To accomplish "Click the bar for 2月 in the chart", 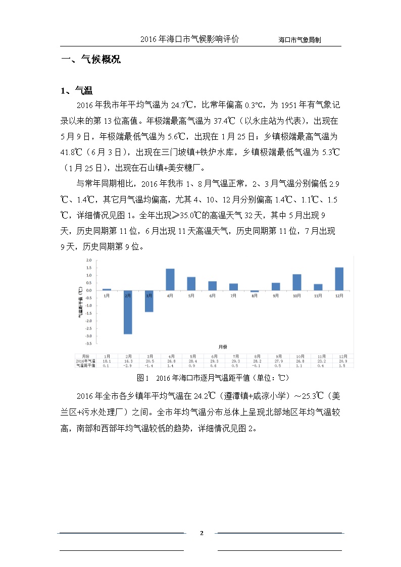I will (128, 312).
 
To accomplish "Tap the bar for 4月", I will (170, 280).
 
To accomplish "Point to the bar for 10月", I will (297, 282).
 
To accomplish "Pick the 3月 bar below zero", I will (149, 301).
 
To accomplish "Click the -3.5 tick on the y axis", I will (88, 343).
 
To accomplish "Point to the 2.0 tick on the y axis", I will (88, 260).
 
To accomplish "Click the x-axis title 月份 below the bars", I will (223, 347).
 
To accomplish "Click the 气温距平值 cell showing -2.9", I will (128, 366).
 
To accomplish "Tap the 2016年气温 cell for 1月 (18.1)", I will (107, 362).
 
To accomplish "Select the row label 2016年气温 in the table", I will (85, 362).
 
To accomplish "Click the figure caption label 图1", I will (142, 378).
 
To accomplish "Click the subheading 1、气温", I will (76, 91).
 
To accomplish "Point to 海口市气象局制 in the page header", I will (300, 39).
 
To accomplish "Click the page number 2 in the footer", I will (201, 533).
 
